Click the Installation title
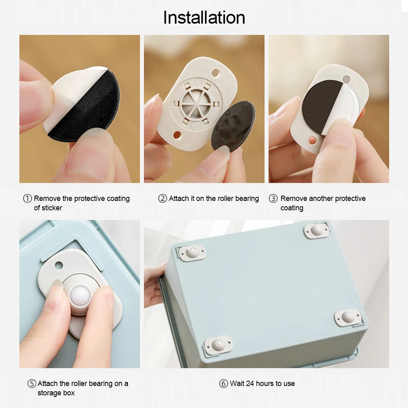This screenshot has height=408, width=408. tap(204, 18)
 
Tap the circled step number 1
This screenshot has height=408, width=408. tap(27, 198)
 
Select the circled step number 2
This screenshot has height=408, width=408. tap(162, 198)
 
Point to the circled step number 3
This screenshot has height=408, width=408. tap(273, 198)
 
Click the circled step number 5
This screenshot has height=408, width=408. tap(32, 384)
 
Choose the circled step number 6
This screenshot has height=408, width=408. tap(223, 384)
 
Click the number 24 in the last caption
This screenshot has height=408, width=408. tap(250, 384)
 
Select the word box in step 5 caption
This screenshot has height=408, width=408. tap(68, 393)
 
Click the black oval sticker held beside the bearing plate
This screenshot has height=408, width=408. tap(233, 126)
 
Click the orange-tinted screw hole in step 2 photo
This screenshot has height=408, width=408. tap(177, 135)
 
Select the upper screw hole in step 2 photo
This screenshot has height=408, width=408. tap(216, 73)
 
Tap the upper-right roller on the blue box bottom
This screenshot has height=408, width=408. tap(316, 230)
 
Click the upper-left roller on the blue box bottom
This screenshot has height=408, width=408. tap(192, 253)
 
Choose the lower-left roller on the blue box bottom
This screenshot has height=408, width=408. tap(218, 345)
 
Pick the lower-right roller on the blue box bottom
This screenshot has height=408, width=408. tap(348, 317)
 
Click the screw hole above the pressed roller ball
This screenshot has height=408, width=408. tap(59, 265)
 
